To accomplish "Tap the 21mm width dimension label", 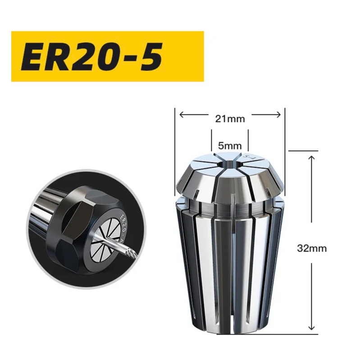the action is pos(230,119).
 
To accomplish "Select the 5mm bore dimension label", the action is pos(230,146).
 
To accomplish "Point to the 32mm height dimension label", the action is pos(312,248).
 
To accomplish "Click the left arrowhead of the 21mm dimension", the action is pos(182,114).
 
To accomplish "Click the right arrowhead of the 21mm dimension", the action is pos(278,114).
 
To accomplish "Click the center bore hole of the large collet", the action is pos(229,164).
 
